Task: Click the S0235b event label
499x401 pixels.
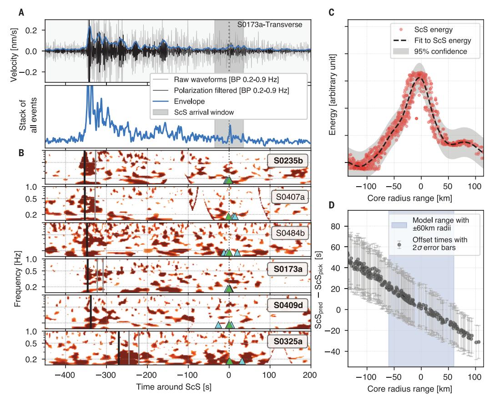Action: [287, 161]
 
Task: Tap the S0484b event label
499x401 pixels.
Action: [287, 233]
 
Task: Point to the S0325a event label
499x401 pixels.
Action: [287, 340]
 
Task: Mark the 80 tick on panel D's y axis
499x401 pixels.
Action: [339, 226]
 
